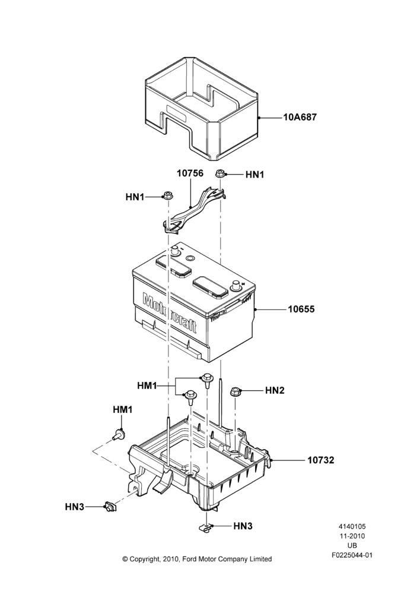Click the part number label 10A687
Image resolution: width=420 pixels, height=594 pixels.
[x=300, y=118]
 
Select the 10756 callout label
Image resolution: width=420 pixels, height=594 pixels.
[x=190, y=173]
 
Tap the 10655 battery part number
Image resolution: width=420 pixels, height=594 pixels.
[x=301, y=309]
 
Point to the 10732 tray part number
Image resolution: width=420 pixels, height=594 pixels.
[x=320, y=460]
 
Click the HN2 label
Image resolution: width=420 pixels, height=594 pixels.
[x=275, y=390]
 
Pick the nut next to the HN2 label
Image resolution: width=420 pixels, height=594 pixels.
[x=235, y=391]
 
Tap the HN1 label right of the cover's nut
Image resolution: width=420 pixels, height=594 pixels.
[x=254, y=175]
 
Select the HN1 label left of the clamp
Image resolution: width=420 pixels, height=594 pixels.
[x=135, y=197]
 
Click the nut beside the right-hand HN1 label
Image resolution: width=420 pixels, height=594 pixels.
[x=220, y=174]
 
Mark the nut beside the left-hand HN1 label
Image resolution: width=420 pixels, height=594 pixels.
[x=167, y=196]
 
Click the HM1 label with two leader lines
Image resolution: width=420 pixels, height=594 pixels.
[x=147, y=386]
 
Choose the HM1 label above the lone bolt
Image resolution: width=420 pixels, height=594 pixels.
[x=123, y=410]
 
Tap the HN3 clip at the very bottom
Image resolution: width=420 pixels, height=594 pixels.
[x=206, y=527]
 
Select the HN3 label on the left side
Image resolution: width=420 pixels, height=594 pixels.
[x=75, y=507]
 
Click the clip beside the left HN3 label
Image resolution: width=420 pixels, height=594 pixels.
[x=110, y=505]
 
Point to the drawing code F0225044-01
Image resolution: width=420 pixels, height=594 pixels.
[x=352, y=555]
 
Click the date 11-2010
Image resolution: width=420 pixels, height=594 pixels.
[x=352, y=536]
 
